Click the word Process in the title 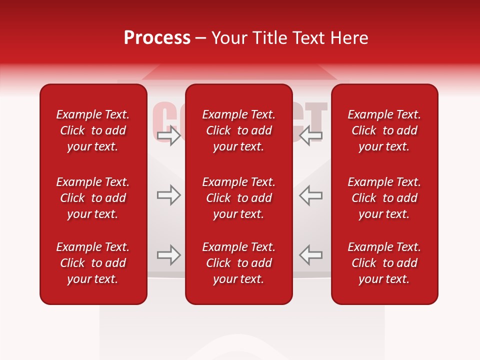(157, 38)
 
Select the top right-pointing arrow (169, 135)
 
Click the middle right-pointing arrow (169, 195)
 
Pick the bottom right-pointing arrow (169, 255)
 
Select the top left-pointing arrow (311, 135)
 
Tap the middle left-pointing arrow (311, 195)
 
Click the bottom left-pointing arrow (311, 255)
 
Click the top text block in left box (93, 130)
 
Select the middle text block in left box (93, 198)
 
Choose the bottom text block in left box (93, 263)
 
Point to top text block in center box (239, 130)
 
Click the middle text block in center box (239, 198)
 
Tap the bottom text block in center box (239, 263)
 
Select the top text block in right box (384, 130)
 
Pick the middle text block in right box (384, 198)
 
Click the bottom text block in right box (384, 263)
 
